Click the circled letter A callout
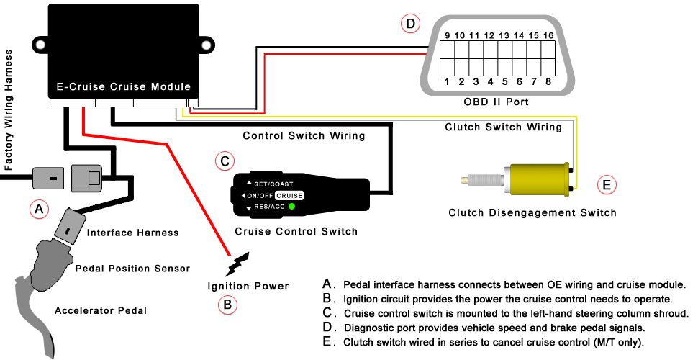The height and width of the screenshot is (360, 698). [x=39, y=210]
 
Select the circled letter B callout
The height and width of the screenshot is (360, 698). [x=227, y=304]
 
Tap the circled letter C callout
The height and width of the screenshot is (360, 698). [x=225, y=161]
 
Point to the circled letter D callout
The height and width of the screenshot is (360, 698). [x=410, y=24]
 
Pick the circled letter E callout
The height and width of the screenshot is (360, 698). [x=607, y=185]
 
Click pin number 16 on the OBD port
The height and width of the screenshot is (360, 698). [x=548, y=35]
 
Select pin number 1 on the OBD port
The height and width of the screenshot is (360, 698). [x=447, y=81]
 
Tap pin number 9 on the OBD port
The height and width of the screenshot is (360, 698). [x=447, y=35]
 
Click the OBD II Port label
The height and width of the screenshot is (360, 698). [x=497, y=102]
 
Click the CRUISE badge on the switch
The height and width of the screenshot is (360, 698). [x=289, y=195]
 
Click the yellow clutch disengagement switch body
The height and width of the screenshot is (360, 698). [x=536, y=179]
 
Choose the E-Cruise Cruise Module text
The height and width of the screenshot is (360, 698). [x=123, y=87]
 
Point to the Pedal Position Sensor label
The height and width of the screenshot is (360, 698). [x=132, y=269]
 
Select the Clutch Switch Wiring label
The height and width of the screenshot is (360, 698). [x=503, y=127]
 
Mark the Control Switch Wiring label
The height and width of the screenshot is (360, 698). [x=304, y=135]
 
